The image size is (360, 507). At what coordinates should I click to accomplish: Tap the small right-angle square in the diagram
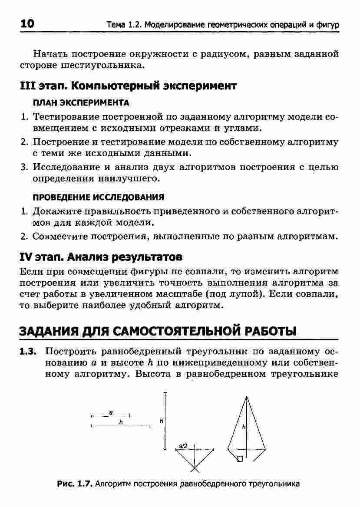(x=240, y=458)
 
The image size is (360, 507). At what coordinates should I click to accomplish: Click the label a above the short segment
(x=111, y=411)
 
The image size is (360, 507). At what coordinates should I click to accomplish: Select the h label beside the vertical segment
(x=161, y=421)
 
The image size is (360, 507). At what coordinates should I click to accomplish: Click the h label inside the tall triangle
(x=244, y=427)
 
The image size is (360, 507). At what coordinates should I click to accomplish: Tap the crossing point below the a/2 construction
(x=195, y=468)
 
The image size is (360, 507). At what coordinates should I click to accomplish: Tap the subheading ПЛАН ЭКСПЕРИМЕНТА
(x=81, y=103)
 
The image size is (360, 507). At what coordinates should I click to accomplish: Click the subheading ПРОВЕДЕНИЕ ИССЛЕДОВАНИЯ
(x=99, y=197)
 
